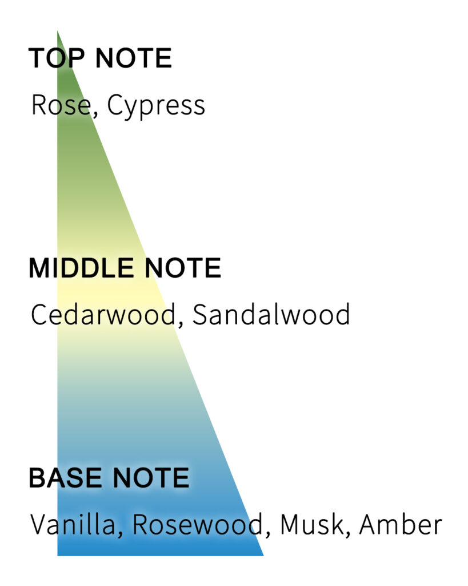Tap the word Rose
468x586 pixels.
[x=59, y=105]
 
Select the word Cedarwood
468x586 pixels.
[x=102, y=315]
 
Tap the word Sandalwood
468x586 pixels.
[x=271, y=315]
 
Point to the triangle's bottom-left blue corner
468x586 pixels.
[x=59, y=553]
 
